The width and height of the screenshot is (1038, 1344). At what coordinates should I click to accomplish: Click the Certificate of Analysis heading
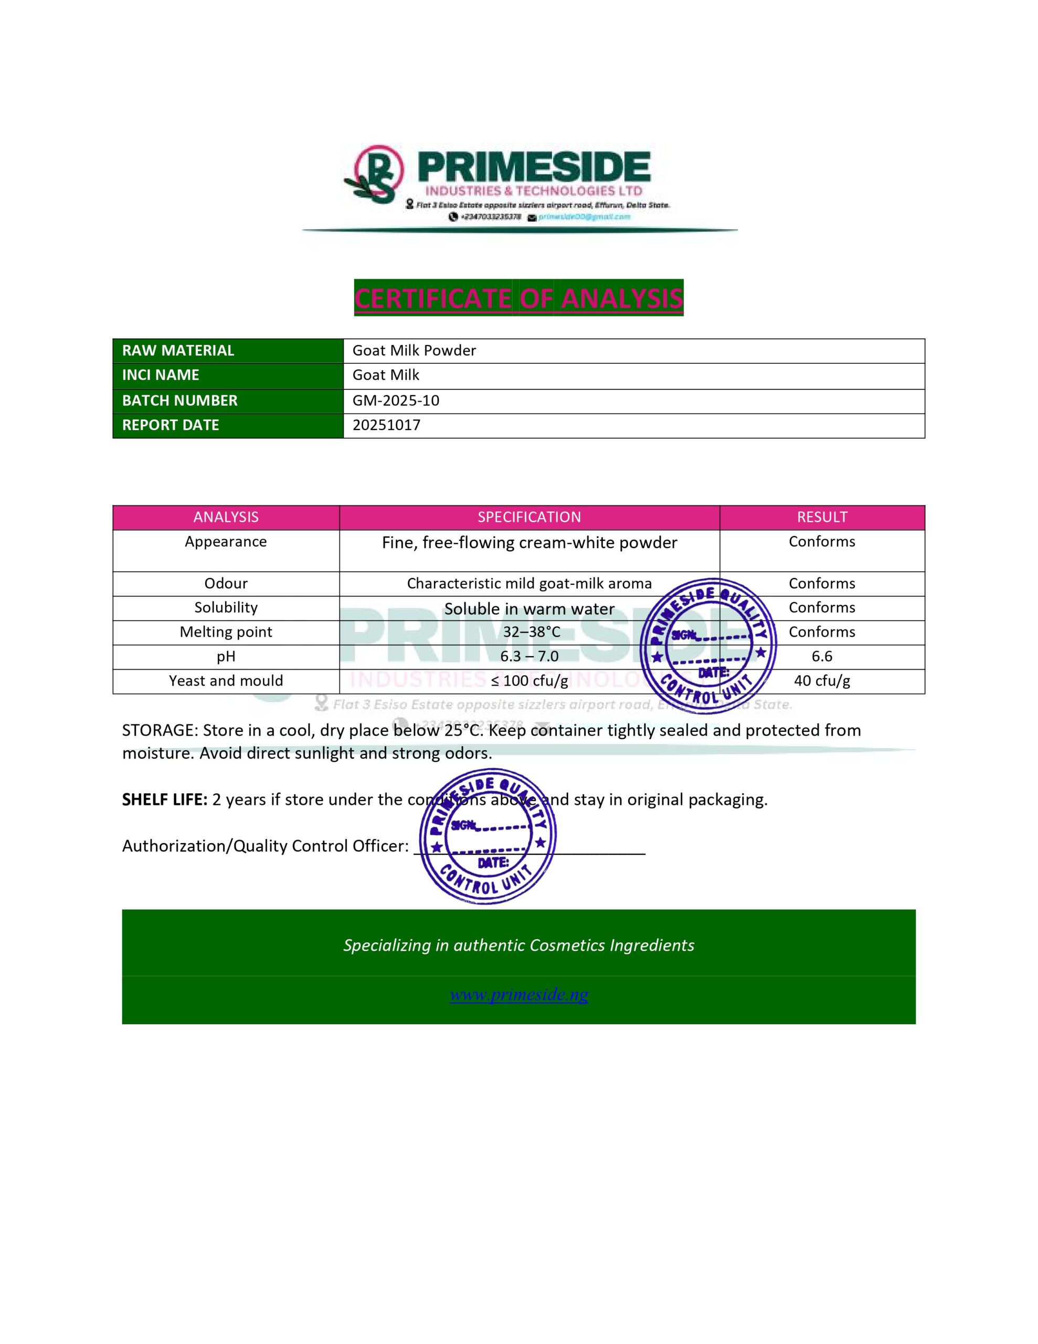click(x=518, y=298)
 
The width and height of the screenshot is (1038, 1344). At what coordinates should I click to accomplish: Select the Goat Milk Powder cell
click(x=414, y=351)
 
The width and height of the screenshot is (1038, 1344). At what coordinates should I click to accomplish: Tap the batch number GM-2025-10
click(x=396, y=401)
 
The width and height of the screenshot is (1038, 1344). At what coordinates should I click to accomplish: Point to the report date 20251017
click(x=386, y=425)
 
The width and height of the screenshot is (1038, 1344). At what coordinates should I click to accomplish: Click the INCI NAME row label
click(x=161, y=375)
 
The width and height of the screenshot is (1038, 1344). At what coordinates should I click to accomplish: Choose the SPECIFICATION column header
click(x=529, y=517)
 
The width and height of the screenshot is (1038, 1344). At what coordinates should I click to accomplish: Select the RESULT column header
click(x=821, y=517)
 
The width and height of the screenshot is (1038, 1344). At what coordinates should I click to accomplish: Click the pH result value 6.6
click(x=821, y=657)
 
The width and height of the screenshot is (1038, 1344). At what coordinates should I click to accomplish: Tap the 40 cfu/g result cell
click(x=821, y=680)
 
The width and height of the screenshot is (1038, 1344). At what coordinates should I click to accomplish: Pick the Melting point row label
click(x=226, y=632)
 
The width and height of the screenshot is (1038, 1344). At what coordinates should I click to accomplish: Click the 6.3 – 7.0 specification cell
click(x=529, y=657)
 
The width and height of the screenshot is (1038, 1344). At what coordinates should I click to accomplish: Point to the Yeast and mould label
click(x=226, y=680)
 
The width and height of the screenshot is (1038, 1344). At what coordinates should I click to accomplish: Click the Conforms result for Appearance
click(x=821, y=542)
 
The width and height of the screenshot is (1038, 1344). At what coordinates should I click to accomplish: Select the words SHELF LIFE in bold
click(x=164, y=800)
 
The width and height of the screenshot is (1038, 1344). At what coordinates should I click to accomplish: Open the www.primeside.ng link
click(x=518, y=994)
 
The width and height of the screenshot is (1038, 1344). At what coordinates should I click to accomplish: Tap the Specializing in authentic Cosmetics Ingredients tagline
click(x=518, y=945)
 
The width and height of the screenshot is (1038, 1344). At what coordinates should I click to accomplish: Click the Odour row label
click(x=226, y=583)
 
